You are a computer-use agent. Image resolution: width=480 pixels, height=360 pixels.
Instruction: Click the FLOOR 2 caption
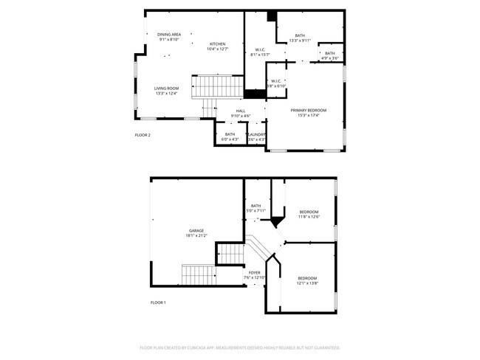143,135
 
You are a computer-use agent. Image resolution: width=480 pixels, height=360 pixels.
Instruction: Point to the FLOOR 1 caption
158,302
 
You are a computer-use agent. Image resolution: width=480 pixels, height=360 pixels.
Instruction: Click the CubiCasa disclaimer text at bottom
240,347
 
